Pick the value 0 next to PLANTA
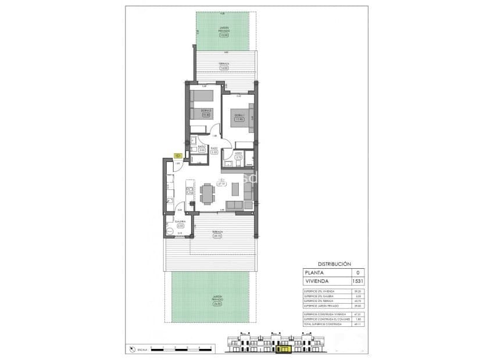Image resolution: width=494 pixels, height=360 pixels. point(357,272)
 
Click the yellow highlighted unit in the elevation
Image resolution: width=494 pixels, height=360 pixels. point(285,350)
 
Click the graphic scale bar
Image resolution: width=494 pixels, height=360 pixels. point(180,350)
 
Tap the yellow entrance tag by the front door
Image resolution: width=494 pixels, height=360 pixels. point(178,156)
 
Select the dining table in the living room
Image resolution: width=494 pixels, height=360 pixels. point(207,192)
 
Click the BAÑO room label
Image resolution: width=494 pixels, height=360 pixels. point(202,148)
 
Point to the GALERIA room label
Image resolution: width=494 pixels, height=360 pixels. point(180,221)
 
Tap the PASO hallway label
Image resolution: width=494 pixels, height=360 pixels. point(214,149)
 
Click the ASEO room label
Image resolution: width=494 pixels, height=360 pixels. point(238,154)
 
